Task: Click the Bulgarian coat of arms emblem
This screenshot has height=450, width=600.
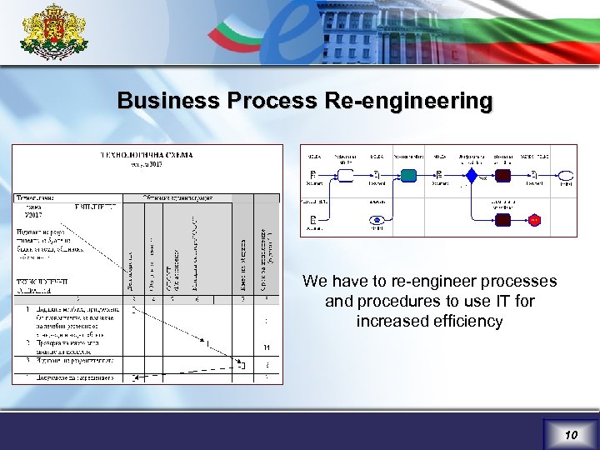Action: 52,33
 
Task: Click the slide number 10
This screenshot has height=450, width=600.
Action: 571,435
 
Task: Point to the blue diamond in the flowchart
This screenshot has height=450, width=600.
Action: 472,175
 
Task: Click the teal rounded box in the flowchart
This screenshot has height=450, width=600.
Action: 408,175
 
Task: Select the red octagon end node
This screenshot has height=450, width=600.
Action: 533,220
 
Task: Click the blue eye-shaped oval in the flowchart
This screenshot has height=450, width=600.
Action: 377,220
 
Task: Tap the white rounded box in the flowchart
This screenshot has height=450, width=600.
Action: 344,175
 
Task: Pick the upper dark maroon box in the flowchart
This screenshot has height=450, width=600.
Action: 502,175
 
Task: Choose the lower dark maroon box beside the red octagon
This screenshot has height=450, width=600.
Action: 502,220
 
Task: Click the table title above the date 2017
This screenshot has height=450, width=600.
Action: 147,154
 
